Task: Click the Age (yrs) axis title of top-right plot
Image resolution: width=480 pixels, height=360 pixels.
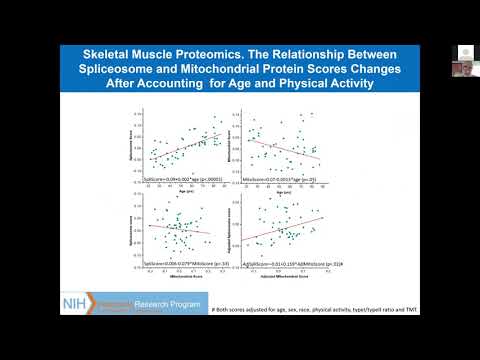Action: tap(297, 189)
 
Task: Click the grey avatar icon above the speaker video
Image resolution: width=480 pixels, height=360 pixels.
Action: tap(465, 52)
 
